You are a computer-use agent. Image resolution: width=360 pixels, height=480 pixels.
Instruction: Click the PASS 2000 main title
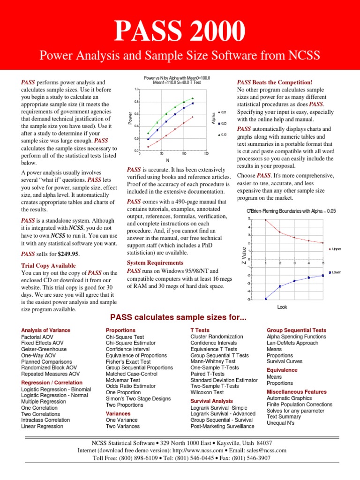click(180, 32)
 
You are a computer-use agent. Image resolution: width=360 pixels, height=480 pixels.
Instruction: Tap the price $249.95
click(68, 254)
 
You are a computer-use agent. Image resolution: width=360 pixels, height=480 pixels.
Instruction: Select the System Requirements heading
click(155, 263)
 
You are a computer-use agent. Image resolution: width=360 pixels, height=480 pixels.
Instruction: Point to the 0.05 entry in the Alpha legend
click(223, 123)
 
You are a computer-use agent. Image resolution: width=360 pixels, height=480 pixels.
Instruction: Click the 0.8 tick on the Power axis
click(136, 102)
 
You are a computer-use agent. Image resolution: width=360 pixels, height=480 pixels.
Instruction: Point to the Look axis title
click(282, 307)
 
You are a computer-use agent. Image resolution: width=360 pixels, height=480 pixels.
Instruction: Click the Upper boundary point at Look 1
click(266, 220)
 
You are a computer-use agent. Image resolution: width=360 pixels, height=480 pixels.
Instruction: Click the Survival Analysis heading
click(211, 401)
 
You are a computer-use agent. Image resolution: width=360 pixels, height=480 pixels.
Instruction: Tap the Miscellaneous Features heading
click(297, 391)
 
